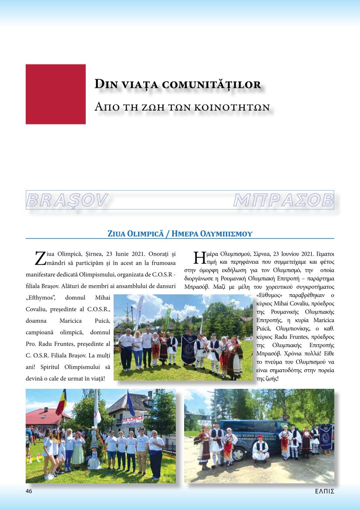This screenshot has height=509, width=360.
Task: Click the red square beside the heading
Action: pyautogui.click(x=56, y=94)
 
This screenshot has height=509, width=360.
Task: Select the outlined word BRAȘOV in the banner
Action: pyautogui.click(x=67, y=200)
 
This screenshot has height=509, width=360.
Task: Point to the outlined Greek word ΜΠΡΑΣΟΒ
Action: pyautogui.click(x=283, y=200)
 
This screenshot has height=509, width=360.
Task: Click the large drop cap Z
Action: pyautogui.click(x=40, y=258)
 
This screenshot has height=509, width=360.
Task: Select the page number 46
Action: pyautogui.click(x=29, y=491)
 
